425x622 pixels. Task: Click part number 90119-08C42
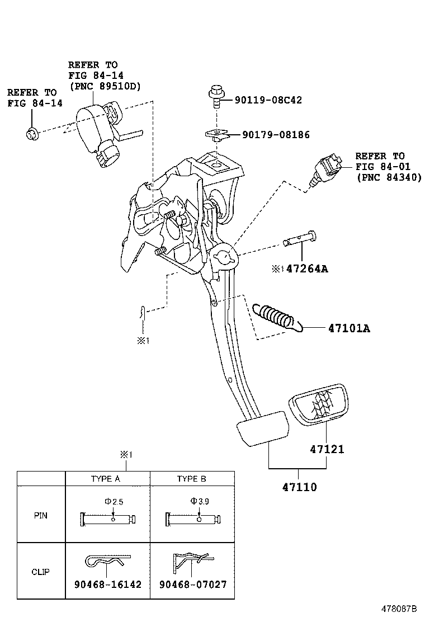[268, 101]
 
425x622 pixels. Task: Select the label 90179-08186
[276, 135]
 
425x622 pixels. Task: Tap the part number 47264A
[307, 269]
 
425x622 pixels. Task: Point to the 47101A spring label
[345, 328]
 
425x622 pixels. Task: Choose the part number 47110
[300, 487]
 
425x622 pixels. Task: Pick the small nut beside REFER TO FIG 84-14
[32, 133]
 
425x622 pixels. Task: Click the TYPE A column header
[106, 479]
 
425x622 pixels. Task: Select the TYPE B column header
[191, 479]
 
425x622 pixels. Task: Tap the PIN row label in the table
[41, 515]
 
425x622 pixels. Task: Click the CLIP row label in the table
[41, 572]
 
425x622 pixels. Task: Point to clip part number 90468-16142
[107, 585]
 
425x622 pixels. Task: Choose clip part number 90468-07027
[193, 585]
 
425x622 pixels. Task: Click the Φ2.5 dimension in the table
[114, 502]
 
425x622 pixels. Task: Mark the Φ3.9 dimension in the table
[199, 502]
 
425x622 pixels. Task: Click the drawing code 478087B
[400, 608]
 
